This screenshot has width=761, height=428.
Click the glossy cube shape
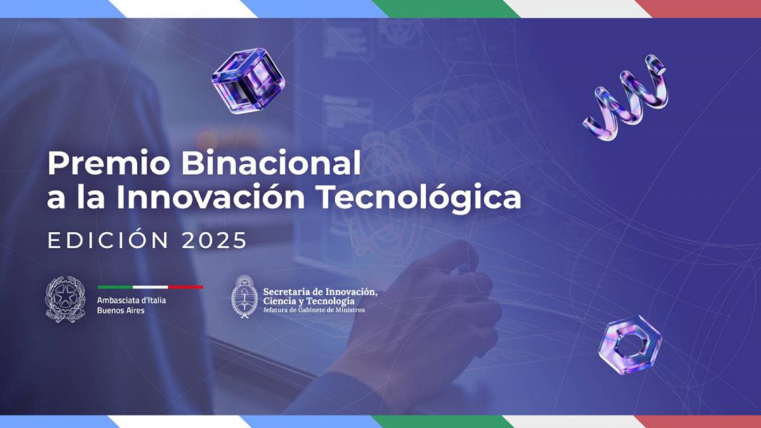248,81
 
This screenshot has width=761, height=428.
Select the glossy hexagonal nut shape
630,345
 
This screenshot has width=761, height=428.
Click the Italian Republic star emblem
65,299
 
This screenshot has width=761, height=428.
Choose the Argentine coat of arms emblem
244,297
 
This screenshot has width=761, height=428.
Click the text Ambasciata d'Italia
131,300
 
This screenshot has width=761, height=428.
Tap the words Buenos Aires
120,311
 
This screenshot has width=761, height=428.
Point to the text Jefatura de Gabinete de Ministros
314,310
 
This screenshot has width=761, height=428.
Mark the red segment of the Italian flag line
186,287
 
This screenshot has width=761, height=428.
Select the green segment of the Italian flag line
115,287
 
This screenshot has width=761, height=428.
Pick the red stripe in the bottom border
698,422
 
